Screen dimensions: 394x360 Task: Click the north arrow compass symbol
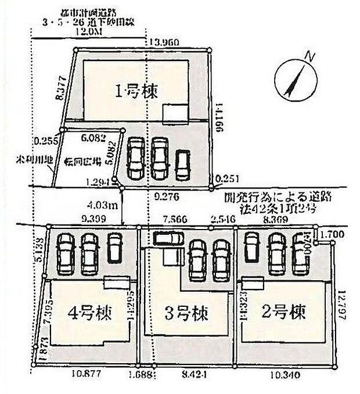(296, 80)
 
